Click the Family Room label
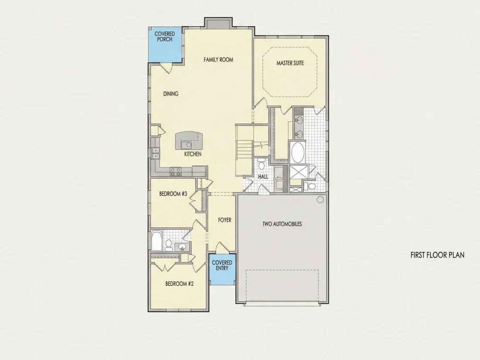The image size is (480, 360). (218, 60)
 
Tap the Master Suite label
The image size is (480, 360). (290, 63)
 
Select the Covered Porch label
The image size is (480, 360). (165, 36)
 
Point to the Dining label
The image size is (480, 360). (171, 94)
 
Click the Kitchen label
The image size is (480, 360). (193, 154)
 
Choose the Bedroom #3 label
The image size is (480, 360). (173, 194)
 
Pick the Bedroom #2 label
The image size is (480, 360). (179, 284)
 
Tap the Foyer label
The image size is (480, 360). (225, 220)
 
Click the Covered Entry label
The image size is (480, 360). (222, 265)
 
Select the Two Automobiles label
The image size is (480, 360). (282, 224)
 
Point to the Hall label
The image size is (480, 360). (263, 177)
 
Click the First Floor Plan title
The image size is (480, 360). (437, 255)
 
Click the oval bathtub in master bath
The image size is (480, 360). (297, 152)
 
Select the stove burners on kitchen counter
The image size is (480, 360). (175, 171)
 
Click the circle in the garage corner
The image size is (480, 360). (320, 200)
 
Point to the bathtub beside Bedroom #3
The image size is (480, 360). (156, 241)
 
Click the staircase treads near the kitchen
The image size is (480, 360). (244, 150)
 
